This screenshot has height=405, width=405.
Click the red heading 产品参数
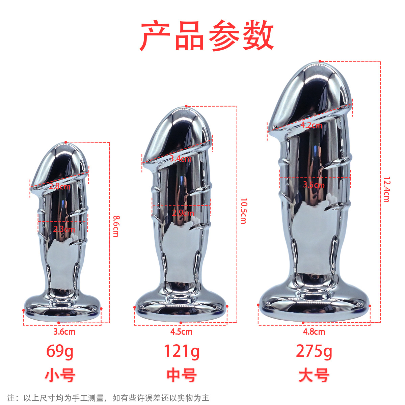click(x=207, y=36)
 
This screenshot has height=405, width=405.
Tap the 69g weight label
click(x=60, y=352)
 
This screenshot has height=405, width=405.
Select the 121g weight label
click(x=182, y=352)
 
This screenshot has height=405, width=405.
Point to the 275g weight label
click(x=314, y=352)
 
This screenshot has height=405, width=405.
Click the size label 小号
click(x=60, y=375)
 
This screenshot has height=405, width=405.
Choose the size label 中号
click(x=182, y=375)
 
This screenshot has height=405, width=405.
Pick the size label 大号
click(x=314, y=375)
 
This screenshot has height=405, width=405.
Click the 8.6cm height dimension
click(x=116, y=226)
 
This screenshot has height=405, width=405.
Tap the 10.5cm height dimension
click(x=243, y=211)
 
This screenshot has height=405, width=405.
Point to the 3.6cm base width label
click(x=64, y=332)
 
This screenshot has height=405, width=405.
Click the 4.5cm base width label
click(x=181, y=332)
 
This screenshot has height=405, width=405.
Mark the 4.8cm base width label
click(x=314, y=332)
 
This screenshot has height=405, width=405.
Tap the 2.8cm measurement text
click(x=59, y=186)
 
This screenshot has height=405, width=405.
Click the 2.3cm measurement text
click(x=64, y=230)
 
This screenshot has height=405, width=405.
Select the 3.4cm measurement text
click(x=181, y=159)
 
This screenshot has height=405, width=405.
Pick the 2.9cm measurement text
click(x=183, y=213)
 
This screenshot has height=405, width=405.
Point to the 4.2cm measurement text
click(x=311, y=125)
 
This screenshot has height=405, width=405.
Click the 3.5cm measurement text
click(x=314, y=185)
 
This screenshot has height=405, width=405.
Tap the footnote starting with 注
click(x=108, y=398)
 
